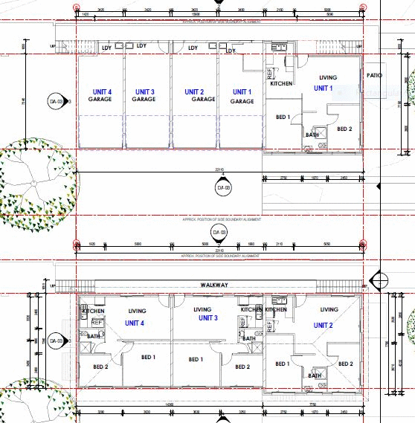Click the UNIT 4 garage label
pos(100,94)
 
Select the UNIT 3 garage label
pos(144,94)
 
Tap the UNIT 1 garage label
pos(242,96)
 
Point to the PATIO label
pos(374,76)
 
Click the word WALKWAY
pos(212,285)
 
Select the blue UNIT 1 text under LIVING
pos(324,88)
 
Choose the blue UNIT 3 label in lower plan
pos(209,317)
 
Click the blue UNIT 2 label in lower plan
pos(324,326)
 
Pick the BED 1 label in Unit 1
pos(283,117)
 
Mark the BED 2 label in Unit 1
pos(344,129)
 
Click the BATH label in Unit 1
pos(313,135)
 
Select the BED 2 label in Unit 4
pos(100,367)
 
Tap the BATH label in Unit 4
pos(94,336)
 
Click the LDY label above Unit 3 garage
pos(142,45)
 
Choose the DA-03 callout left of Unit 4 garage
pos(54,101)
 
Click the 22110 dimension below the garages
pos(219,170)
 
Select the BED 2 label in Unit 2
pos(345,364)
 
